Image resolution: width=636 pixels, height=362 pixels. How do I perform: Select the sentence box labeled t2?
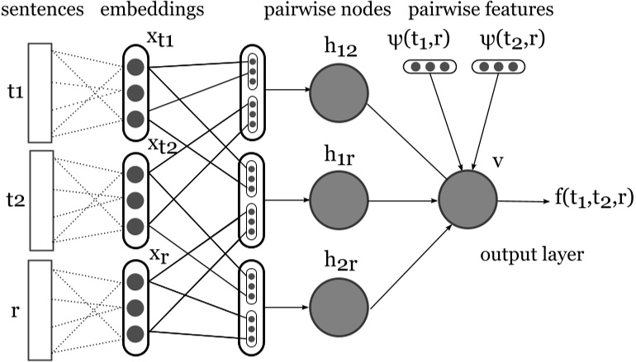40,199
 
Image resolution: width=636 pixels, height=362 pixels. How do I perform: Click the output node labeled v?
468,200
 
